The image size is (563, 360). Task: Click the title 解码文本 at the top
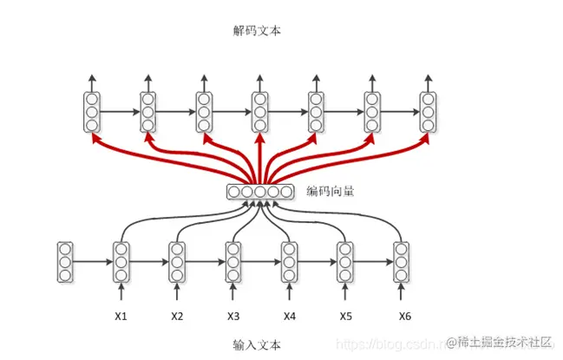click(257, 30)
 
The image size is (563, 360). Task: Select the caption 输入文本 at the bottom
click(257, 344)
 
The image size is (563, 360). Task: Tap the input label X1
click(121, 316)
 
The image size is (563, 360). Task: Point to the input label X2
click(177, 316)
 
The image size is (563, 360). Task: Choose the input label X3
click(233, 316)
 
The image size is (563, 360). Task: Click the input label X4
click(290, 316)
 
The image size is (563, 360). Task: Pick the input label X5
click(345, 316)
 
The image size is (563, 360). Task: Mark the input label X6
click(403, 316)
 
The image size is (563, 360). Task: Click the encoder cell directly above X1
click(121, 262)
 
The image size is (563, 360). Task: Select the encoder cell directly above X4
click(290, 262)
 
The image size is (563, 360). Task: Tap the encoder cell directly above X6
click(402, 262)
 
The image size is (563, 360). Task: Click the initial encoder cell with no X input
click(65, 262)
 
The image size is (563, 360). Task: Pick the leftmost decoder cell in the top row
click(91, 112)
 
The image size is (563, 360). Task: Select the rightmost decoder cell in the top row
click(428, 112)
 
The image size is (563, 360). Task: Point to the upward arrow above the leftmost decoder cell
click(91, 83)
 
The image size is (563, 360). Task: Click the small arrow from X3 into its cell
click(233, 292)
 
